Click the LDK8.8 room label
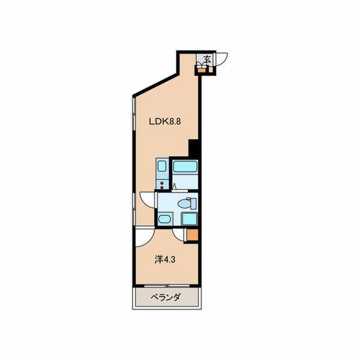point(165,121)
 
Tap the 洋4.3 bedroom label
point(165,260)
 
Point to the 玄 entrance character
point(208,59)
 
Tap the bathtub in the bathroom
point(185,166)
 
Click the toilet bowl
point(184,204)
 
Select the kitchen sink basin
point(161,166)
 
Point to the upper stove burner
point(162,183)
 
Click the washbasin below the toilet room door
point(164,218)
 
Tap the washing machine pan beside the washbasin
point(189,219)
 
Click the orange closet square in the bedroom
point(193,235)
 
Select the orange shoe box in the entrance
point(202,70)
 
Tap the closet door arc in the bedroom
point(178,235)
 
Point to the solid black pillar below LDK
point(193,148)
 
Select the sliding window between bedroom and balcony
point(167,286)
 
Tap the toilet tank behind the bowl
point(193,203)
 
